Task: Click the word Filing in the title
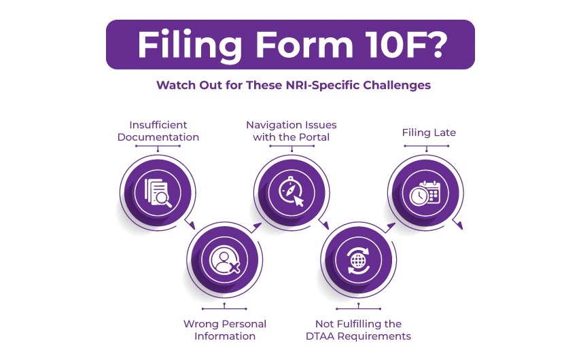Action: point(183,44)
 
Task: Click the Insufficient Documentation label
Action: point(158,131)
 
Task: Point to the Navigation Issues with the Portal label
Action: point(291,131)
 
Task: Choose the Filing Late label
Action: point(428,132)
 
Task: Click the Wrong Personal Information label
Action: point(225,329)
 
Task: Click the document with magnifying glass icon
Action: point(158,192)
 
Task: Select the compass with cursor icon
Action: point(291,192)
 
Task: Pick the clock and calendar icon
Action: point(426,192)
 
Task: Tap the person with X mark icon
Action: point(225,260)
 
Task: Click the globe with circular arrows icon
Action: point(358,260)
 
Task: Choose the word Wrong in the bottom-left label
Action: point(200,323)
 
